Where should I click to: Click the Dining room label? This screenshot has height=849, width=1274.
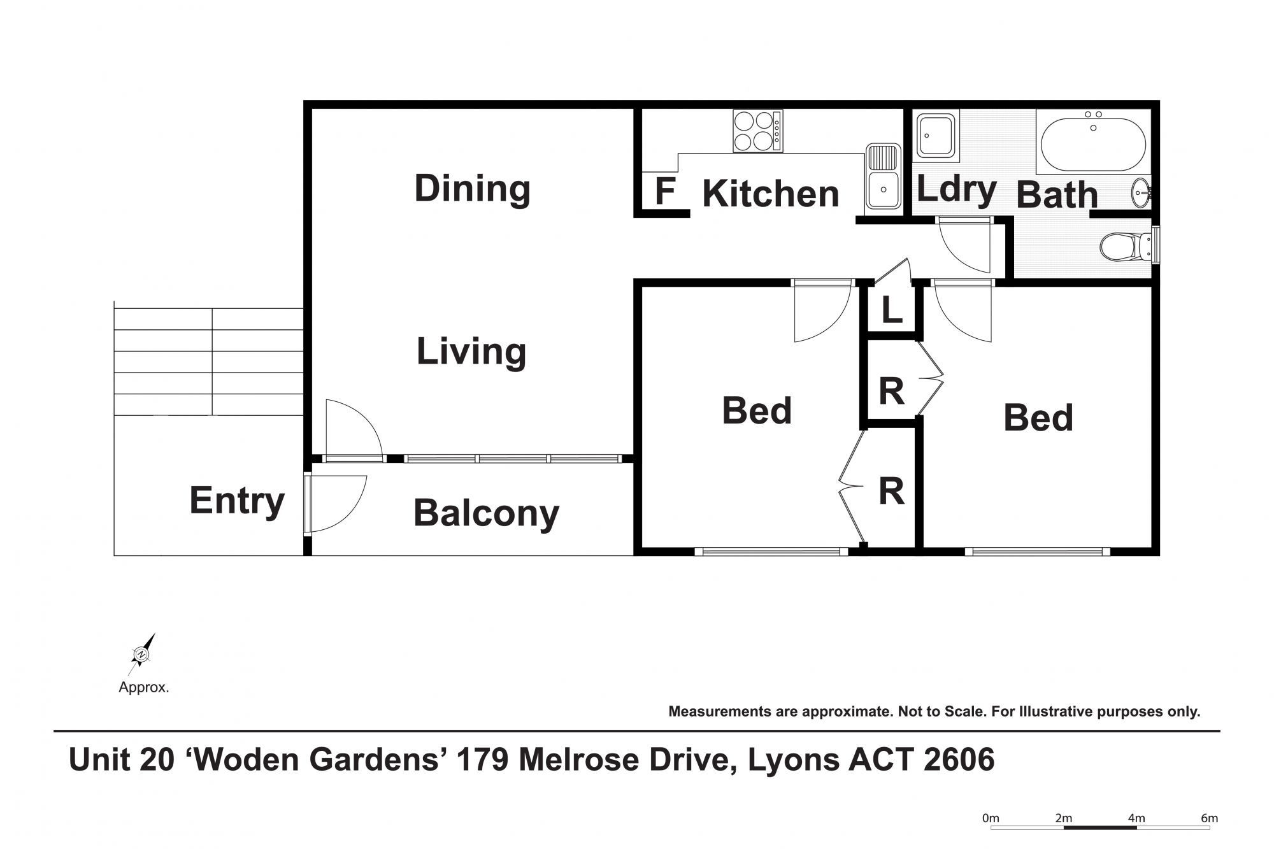pos(472,189)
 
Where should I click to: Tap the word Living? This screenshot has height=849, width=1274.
pos(471,351)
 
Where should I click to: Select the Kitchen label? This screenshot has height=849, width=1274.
pos(771,194)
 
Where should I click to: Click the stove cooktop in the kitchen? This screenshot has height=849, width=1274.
pos(757,131)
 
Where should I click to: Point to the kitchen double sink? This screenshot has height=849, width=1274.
pos(883,176)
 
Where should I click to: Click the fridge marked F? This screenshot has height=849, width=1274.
pos(665,191)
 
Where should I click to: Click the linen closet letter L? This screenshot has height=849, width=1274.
pos(892,310)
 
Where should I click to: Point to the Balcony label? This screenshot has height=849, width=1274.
pos(486,513)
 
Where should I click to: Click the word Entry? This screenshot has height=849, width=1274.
pos(237,501)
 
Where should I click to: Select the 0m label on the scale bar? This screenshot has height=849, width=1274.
pos(991,818)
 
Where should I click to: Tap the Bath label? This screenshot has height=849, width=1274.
pos(1057,195)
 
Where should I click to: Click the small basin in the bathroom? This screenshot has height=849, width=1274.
pos(1142,193)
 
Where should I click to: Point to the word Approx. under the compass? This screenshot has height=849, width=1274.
pos(144,688)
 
